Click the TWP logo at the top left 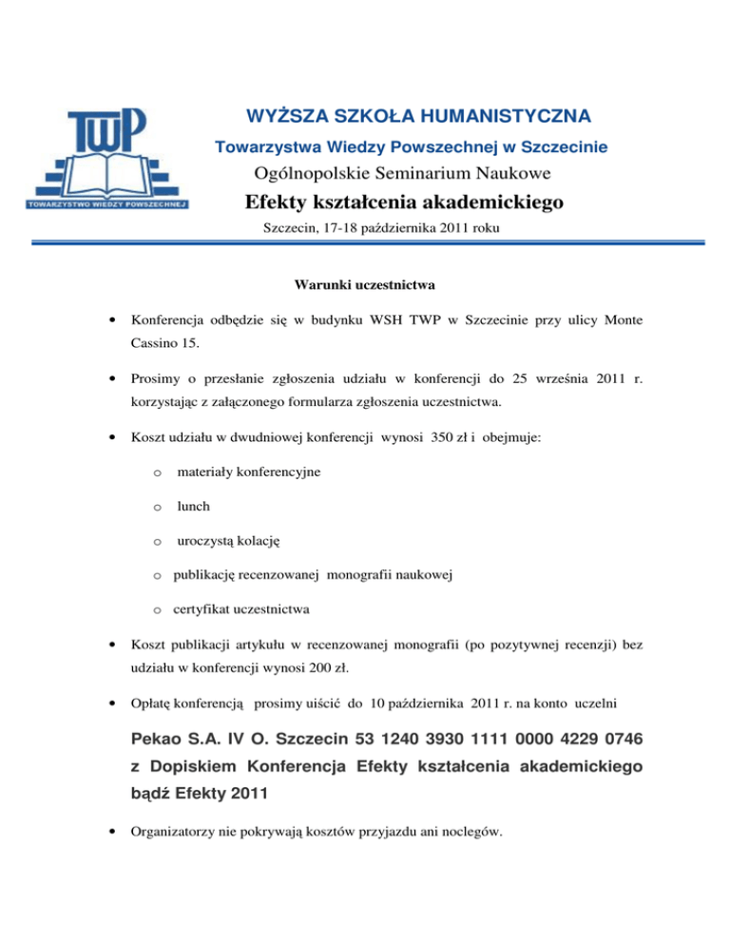click(x=106, y=157)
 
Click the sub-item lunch click(x=192, y=507)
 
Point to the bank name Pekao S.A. click(x=179, y=738)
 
